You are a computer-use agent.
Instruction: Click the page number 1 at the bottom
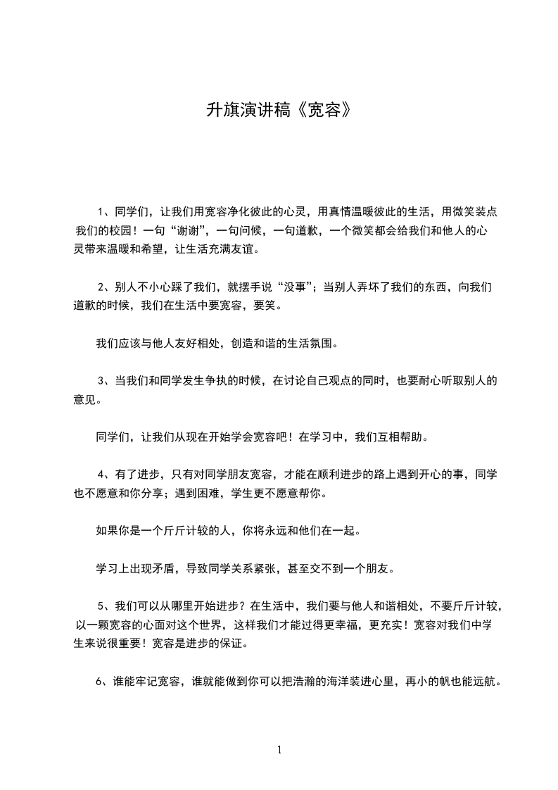(x=279, y=750)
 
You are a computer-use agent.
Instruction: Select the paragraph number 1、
(x=104, y=211)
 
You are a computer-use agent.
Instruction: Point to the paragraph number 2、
(x=104, y=287)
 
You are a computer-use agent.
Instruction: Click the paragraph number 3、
(x=104, y=382)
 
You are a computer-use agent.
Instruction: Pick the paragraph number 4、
(x=104, y=474)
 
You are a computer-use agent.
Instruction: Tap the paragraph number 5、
(x=104, y=606)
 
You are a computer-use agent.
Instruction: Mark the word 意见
(x=85, y=401)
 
